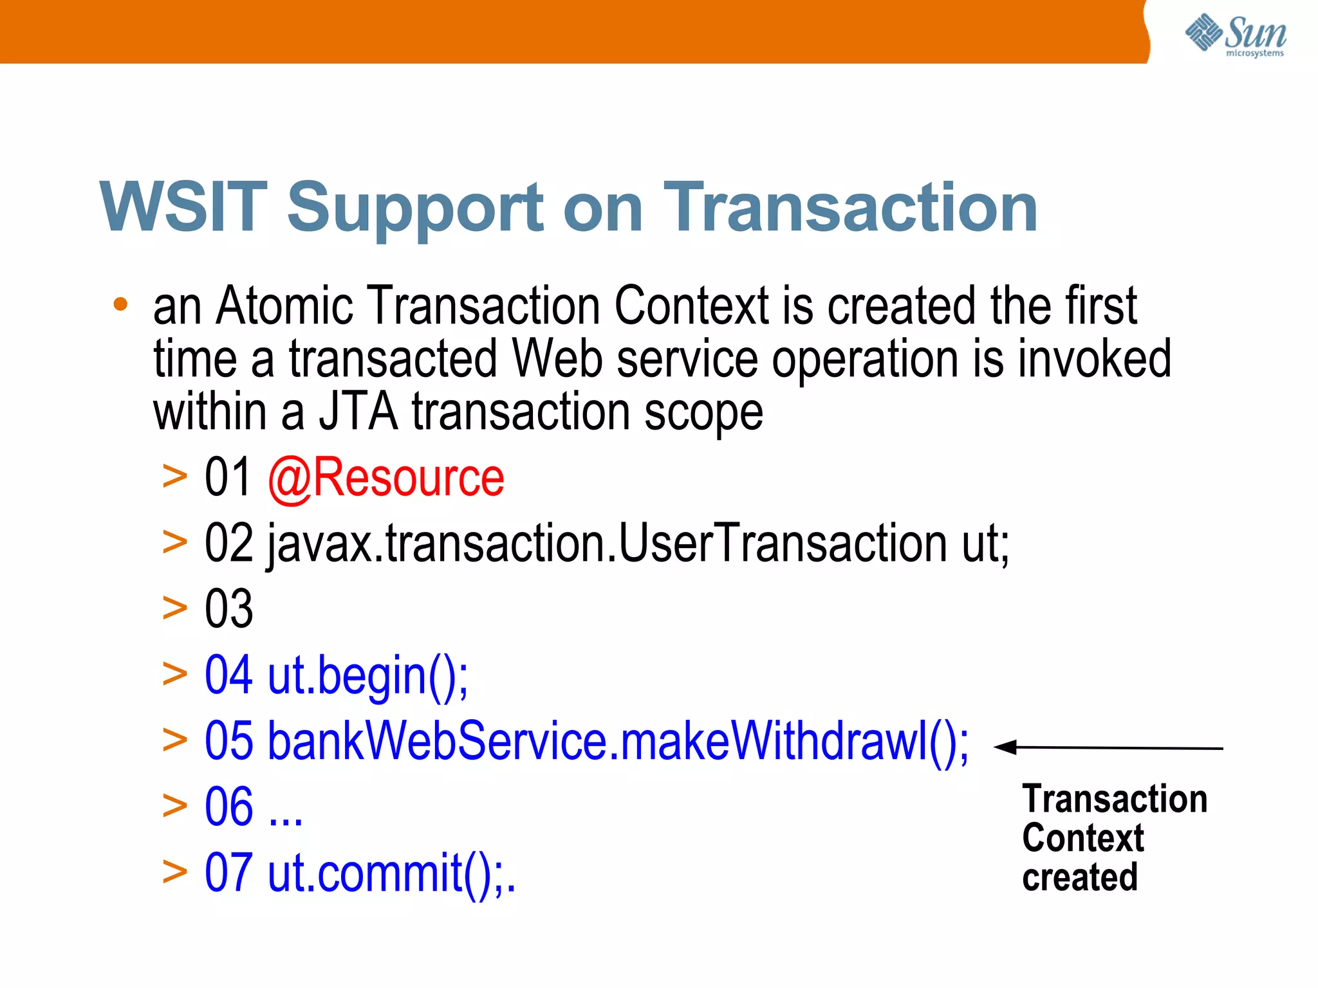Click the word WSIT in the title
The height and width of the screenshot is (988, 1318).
click(183, 207)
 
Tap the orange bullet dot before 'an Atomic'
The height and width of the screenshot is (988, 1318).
click(120, 304)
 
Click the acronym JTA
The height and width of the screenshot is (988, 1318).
click(358, 412)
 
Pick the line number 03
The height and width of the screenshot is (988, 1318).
click(228, 608)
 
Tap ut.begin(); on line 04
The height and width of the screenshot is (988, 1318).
click(367, 676)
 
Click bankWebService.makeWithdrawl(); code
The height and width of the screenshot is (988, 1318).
click(618, 742)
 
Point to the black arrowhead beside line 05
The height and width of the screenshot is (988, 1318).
click(1006, 747)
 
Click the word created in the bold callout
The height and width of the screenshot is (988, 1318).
click(1080, 877)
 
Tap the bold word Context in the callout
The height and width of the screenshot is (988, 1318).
click(1083, 838)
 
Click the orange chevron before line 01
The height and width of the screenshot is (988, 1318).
click(174, 477)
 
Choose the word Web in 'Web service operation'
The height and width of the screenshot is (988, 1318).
click(557, 359)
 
